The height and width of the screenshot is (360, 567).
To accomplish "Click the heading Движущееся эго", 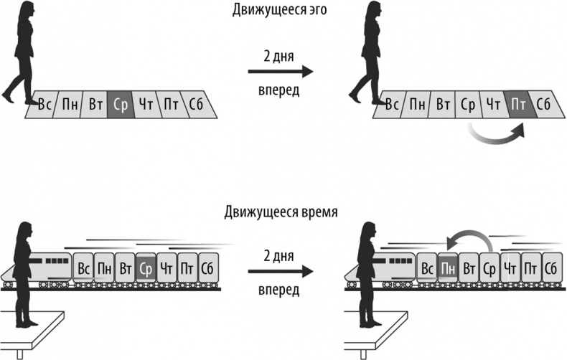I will pyautogui.click(x=281, y=9).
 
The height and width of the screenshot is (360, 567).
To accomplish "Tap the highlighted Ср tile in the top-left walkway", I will pyautogui.click(x=119, y=105).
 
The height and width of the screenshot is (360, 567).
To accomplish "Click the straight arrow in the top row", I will pyautogui.click(x=280, y=71).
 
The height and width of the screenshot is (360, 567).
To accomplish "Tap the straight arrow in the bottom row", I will pyautogui.click(x=280, y=271).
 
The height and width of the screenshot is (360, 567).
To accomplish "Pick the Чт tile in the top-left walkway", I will pyautogui.click(x=146, y=105).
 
